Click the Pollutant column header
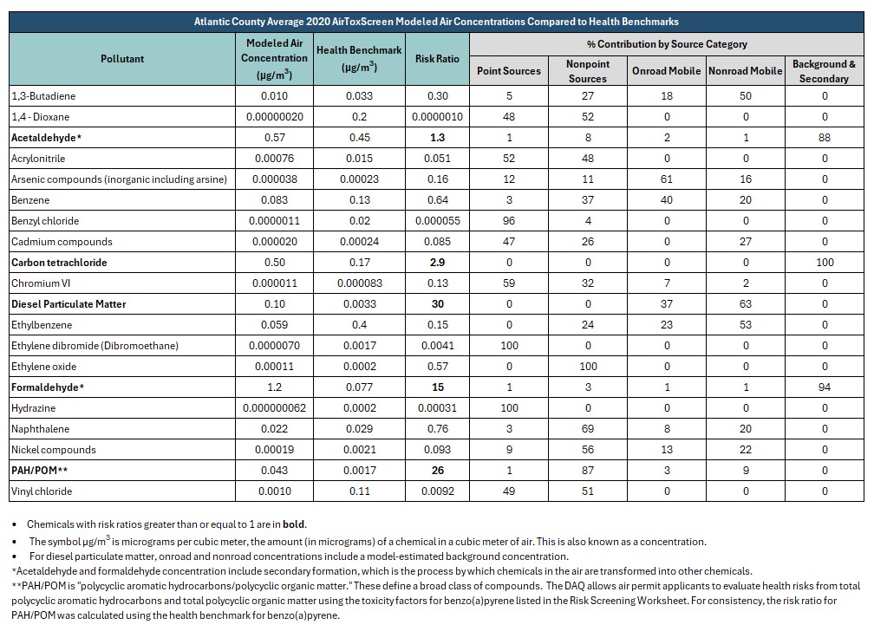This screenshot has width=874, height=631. coord(122,59)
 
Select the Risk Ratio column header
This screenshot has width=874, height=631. coord(437,59)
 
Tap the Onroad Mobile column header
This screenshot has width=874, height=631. coord(666,71)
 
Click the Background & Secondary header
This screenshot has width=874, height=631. coord(824,71)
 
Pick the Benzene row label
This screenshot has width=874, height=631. coord(30,200)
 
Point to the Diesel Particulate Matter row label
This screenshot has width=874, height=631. coord(68,304)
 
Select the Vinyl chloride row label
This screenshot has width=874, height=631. coord(42,491)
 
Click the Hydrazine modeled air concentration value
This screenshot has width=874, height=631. coord(274,408)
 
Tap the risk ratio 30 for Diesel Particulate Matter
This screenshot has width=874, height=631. coord(438,304)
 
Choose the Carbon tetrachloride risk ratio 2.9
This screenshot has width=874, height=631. coord(438,263)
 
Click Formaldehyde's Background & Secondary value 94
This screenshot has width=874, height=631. coord(825,387)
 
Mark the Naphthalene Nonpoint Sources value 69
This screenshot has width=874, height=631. coord(588,429)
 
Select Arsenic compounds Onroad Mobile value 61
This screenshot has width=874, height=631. coord(666,179)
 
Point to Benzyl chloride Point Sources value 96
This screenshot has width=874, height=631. coord(509,221)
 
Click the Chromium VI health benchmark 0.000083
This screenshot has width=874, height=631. coord(360,283)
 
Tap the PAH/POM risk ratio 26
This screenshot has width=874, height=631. coord(438,471)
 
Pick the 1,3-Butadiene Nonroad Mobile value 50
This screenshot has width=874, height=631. coord(746,96)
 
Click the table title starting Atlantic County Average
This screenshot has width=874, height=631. coord(436,22)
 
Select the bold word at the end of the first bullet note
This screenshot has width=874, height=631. coord(294,524)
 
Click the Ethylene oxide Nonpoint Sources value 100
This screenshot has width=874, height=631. coord(588,367)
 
